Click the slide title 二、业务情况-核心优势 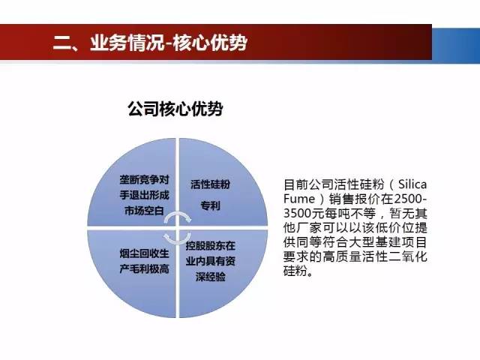(150, 42)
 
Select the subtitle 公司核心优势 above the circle (175, 109)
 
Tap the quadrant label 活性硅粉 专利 (210, 195)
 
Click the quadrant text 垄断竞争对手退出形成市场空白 (144, 195)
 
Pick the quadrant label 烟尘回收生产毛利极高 (144, 261)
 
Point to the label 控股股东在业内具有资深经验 (210, 261)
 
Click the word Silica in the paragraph (412, 184)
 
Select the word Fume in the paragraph (298, 199)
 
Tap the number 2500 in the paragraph (407, 199)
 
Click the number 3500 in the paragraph (298, 213)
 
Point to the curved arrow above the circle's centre (178, 215)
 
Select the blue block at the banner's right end (456, 46)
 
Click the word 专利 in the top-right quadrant (210, 205)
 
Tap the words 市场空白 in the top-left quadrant (144, 211)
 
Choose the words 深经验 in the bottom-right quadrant (210, 277)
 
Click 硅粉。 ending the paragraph (298, 271)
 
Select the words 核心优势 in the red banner (210, 42)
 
